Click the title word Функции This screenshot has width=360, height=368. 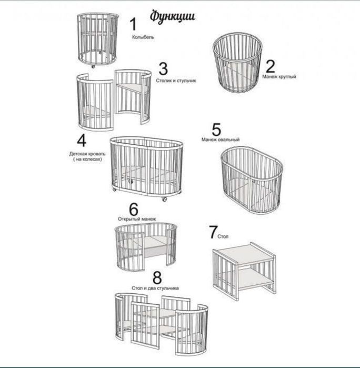[x=173, y=16]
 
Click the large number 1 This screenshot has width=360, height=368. [x=133, y=24]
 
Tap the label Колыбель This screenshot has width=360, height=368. [x=143, y=37]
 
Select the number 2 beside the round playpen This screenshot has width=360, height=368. [x=270, y=66]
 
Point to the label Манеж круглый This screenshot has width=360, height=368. [x=279, y=76]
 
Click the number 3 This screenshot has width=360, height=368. [x=163, y=68]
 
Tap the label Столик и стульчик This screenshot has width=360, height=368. [x=176, y=81]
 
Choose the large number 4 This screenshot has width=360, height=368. [x=82, y=141]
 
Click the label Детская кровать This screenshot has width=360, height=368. [x=87, y=154]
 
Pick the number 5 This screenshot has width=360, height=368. [x=216, y=130]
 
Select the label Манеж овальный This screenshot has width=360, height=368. [x=221, y=140]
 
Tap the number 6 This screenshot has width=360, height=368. [x=134, y=209]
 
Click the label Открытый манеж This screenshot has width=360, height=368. [x=137, y=219]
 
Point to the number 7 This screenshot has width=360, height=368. [x=213, y=232]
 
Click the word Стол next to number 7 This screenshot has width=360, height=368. [x=223, y=236]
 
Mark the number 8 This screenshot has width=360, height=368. [x=157, y=277]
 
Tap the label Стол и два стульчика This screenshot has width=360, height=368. [x=155, y=288]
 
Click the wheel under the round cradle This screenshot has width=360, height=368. [x=93, y=66]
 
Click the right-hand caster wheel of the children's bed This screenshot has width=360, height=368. [x=165, y=199]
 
